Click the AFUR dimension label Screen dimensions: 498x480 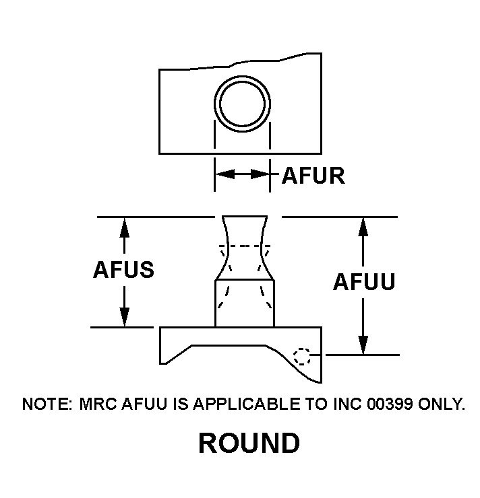313,176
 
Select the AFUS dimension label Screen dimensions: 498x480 123,270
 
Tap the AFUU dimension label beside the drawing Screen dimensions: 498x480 364,283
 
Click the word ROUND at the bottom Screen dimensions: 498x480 249,443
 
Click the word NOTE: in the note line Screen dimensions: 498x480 47,404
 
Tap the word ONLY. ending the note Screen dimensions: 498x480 441,404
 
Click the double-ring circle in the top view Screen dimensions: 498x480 242,104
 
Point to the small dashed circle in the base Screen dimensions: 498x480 303,356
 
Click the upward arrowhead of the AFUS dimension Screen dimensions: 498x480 124,227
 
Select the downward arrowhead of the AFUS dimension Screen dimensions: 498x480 124,317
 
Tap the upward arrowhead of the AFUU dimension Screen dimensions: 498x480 363,227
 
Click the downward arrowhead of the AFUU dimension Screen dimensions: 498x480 363,345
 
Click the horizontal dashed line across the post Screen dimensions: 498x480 244,246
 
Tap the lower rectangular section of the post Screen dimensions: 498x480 244,304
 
